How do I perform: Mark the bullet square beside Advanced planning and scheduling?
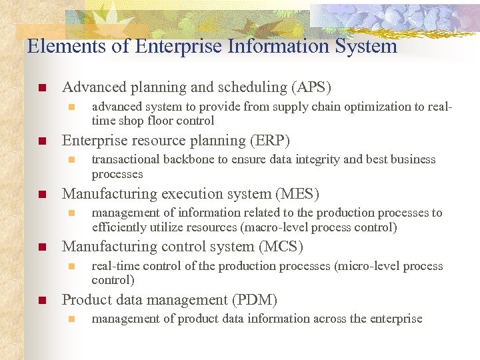[41, 88]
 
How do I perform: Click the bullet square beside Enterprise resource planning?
[41, 141]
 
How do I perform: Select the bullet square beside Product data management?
[41, 301]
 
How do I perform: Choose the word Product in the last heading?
[85, 300]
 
